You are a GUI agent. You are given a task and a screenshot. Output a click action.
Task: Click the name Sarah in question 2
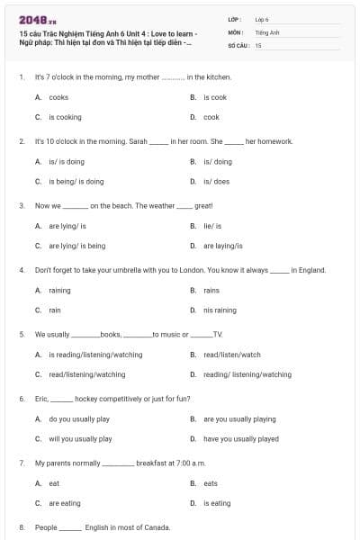pos(138,141)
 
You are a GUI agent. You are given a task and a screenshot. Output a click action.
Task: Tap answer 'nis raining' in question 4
pos(220,310)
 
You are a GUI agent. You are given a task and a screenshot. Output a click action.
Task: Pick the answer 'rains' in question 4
pos(211,290)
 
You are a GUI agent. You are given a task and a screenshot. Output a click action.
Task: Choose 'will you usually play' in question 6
pos(80,438)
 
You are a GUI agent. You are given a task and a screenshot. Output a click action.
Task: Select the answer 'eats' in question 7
pos(211,482)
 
